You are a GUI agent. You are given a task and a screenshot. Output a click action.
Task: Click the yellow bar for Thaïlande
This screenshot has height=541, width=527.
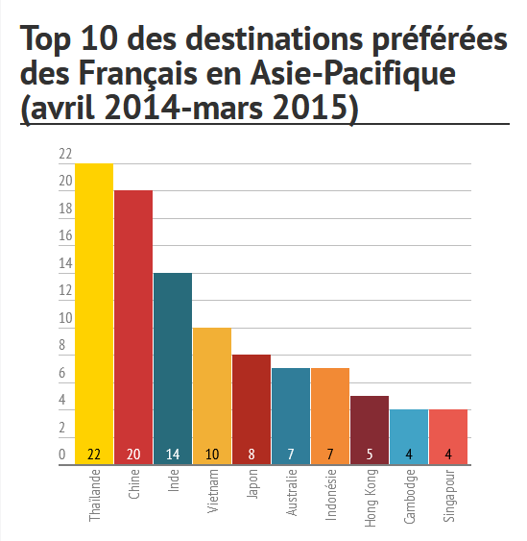(x=94, y=307)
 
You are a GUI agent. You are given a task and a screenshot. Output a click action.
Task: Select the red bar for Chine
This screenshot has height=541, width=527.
(x=133, y=322)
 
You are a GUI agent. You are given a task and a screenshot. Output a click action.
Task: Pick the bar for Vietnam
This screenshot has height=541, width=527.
(x=212, y=389)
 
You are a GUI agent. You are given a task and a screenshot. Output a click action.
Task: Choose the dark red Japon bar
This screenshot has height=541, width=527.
(x=252, y=404)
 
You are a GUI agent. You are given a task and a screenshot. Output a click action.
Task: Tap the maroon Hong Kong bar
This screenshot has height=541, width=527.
(x=370, y=424)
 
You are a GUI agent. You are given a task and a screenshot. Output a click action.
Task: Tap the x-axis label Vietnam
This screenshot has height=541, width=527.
(x=213, y=492)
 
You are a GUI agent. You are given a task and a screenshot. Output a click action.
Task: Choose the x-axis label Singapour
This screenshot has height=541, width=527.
(x=449, y=497)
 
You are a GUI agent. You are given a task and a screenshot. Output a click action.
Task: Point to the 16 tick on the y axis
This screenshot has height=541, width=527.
(x=65, y=235)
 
